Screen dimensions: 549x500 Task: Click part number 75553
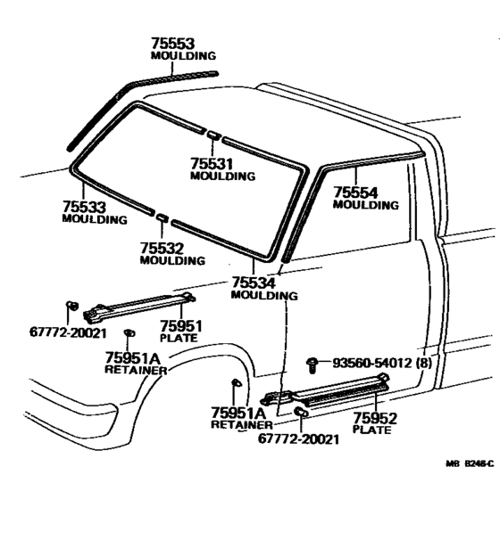click(172, 43)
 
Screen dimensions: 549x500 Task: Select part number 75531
click(212, 163)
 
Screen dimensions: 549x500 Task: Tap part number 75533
click(85, 207)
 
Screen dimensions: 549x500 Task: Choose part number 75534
click(254, 283)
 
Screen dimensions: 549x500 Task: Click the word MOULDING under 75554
click(365, 205)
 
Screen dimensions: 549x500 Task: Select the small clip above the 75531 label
click(215, 135)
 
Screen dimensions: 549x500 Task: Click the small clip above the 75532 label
click(162, 217)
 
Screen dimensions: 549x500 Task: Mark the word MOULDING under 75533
click(95, 219)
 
